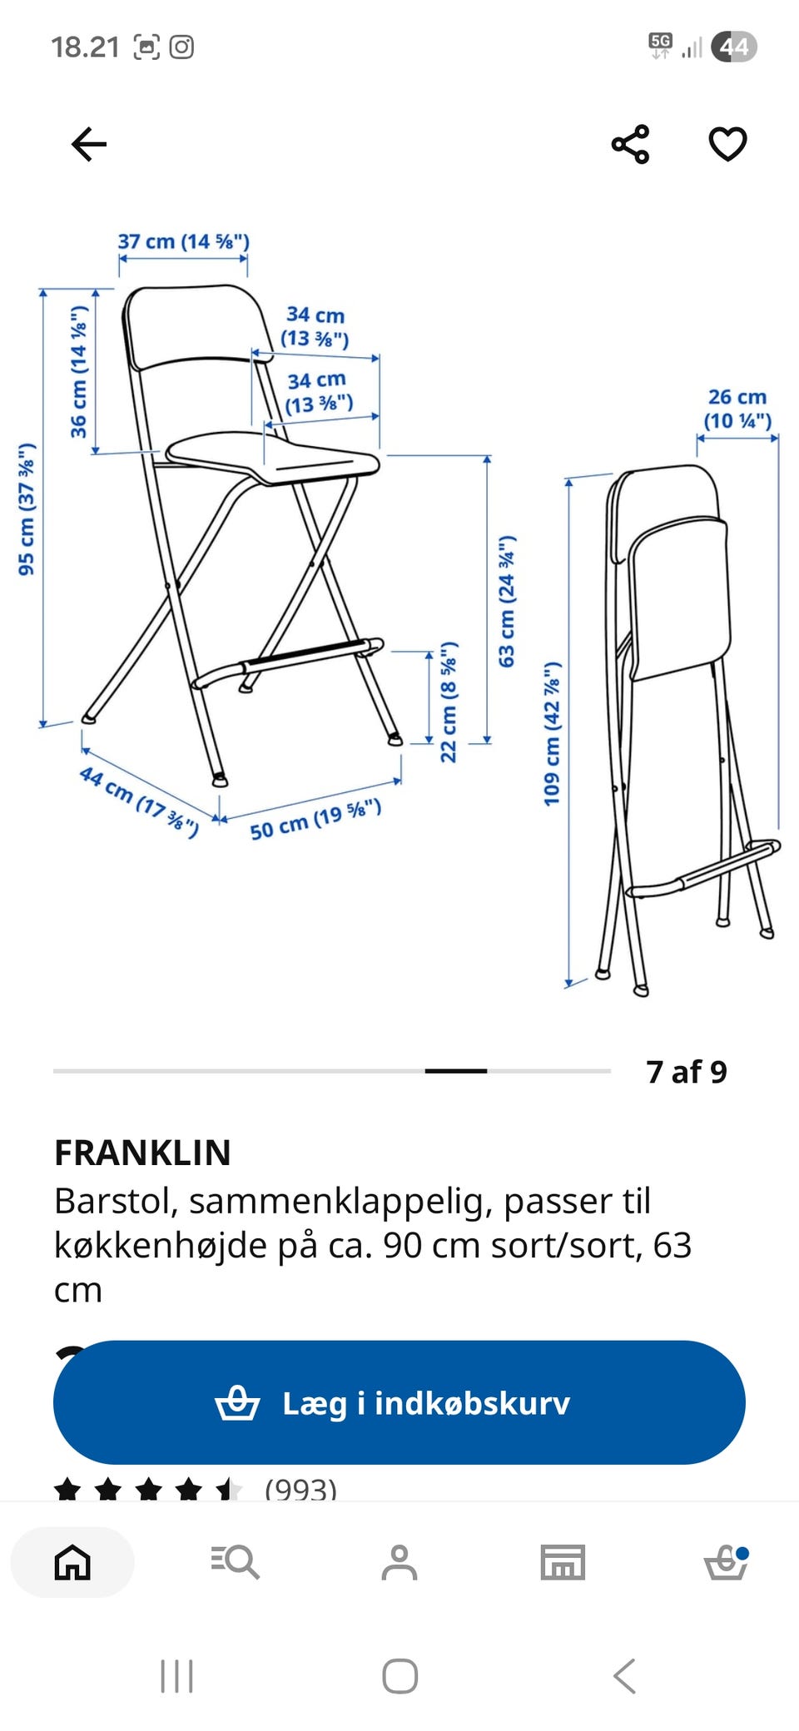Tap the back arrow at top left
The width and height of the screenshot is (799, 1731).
click(x=89, y=144)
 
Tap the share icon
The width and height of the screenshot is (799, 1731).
click(x=630, y=144)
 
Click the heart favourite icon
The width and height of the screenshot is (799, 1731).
click(x=727, y=144)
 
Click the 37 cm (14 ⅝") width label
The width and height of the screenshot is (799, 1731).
click(x=183, y=241)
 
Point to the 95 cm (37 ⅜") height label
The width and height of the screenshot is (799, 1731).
click(x=27, y=508)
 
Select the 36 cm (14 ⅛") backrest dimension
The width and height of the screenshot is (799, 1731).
click(x=78, y=371)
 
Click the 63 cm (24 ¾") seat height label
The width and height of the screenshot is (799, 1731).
click(x=506, y=601)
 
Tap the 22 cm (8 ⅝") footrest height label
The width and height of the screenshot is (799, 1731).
click(x=449, y=702)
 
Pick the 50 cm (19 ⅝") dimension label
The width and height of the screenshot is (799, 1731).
click(x=315, y=819)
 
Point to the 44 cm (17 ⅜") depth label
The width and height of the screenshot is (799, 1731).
click(x=139, y=802)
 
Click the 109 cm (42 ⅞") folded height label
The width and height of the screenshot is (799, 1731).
click(x=552, y=734)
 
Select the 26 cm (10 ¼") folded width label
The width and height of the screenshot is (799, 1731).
click(x=737, y=409)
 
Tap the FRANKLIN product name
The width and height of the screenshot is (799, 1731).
click(x=142, y=1153)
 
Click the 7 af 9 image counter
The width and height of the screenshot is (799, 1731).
click(x=687, y=1072)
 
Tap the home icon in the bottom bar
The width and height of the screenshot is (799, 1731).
click(x=72, y=1562)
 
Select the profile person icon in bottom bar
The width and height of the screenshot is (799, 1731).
click(x=399, y=1562)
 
